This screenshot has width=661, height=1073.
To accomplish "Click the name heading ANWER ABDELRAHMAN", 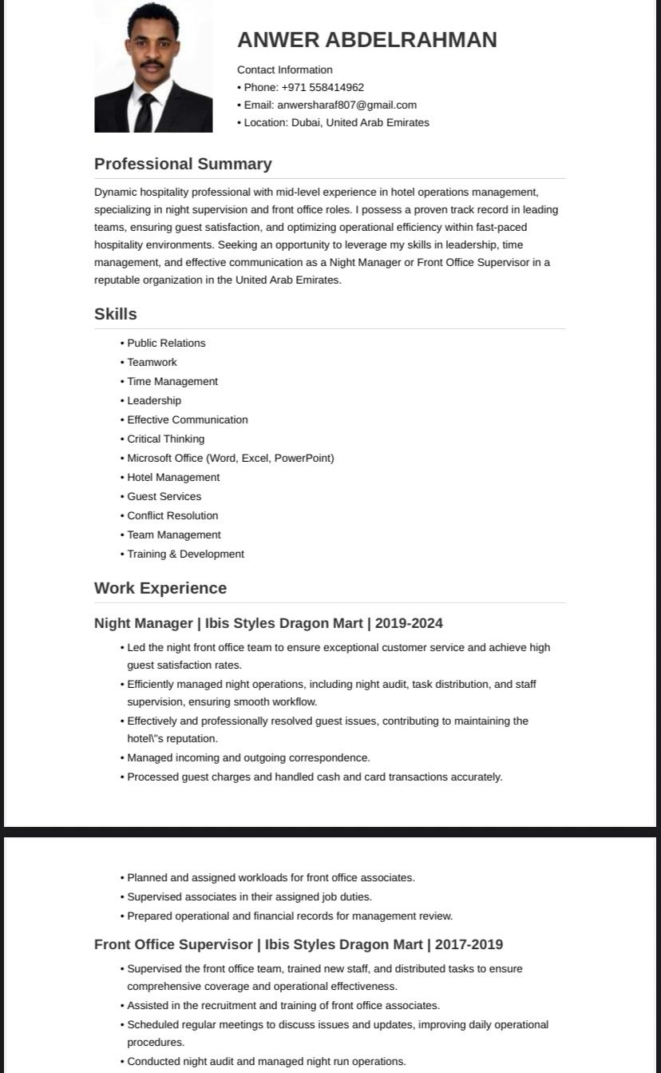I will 367,40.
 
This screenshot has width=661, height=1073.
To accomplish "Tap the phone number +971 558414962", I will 323,87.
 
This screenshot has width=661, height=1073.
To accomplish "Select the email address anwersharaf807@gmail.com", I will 346,105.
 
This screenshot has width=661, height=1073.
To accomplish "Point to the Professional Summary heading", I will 183,164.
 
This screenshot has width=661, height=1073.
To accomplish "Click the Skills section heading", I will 116,314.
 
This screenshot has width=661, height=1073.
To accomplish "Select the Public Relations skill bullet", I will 166,343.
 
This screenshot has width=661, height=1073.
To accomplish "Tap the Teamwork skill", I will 152,362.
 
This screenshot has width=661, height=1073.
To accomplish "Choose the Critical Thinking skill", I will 165,439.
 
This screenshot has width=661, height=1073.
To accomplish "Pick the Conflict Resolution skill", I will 172,515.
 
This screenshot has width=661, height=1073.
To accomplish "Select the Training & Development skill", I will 185,554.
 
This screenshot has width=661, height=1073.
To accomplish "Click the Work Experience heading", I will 160,588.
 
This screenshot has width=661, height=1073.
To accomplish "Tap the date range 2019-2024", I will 409,623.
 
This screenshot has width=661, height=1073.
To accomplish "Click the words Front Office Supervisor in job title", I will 172,944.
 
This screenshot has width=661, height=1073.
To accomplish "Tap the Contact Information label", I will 285,70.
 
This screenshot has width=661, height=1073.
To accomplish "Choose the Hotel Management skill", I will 173,477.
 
